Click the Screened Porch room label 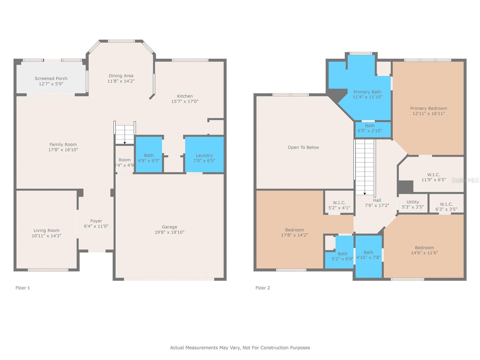click(x=51, y=79)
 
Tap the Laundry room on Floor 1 click(x=204, y=155)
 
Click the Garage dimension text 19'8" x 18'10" click(x=169, y=232)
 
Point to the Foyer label click(x=96, y=221)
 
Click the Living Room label click(x=46, y=230)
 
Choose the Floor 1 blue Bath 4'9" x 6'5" click(x=149, y=155)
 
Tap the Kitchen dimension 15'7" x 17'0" click(x=185, y=101)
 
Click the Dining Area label click(x=121, y=76)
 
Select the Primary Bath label click(x=367, y=92)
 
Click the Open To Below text click(x=303, y=147)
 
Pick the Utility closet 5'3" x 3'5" click(x=413, y=204)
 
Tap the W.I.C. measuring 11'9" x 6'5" click(x=433, y=177)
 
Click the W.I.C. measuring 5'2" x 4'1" click(x=339, y=205)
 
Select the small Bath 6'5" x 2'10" click(x=370, y=128)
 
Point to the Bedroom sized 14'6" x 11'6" click(x=424, y=250)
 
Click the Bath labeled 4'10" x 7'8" click(x=368, y=255)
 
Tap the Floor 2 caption click(x=262, y=288)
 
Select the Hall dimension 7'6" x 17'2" click(x=377, y=205)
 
